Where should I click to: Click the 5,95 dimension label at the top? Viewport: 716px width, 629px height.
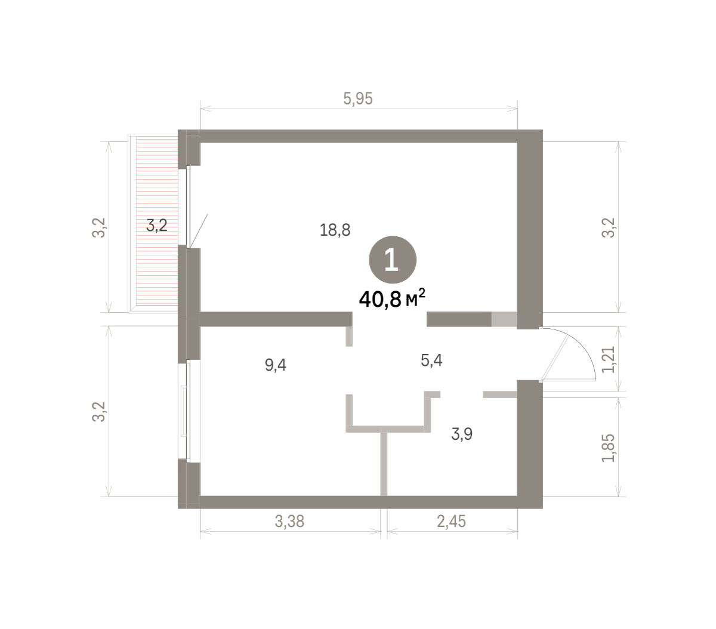[357, 98]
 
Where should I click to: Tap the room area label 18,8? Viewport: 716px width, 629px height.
[335, 230]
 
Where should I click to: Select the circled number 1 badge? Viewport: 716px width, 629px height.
[392, 260]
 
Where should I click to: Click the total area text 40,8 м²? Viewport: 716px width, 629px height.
[391, 299]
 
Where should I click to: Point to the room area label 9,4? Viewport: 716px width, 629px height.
[275, 365]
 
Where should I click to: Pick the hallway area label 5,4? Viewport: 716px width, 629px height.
[431, 360]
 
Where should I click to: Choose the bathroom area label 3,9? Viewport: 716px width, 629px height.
[462, 433]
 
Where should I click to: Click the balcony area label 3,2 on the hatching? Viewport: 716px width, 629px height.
[156, 225]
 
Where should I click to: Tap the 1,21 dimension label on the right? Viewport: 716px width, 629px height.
[608, 359]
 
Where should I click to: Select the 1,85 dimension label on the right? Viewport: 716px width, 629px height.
[608, 448]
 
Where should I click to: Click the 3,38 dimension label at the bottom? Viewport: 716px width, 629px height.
[289, 521]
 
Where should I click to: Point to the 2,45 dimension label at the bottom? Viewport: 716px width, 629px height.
[451, 521]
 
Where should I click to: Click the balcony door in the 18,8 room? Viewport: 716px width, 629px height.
[189, 206]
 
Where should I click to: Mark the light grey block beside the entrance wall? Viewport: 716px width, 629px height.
[504, 319]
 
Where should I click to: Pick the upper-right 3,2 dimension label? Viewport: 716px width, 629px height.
[608, 228]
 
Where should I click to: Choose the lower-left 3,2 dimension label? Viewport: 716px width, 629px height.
[98, 411]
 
